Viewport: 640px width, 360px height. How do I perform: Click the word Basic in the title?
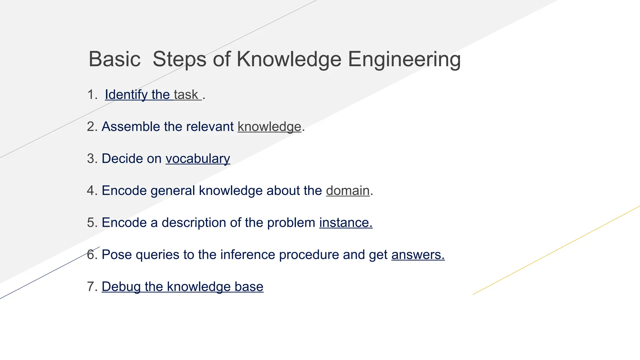click(x=114, y=59)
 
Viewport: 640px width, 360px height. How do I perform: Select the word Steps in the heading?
click(x=179, y=59)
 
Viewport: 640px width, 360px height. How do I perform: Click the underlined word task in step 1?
click(x=186, y=95)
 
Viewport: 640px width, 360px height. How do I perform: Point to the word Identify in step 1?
click(x=126, y=95)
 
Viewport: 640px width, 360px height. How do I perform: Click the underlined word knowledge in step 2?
click(x=269, y=127)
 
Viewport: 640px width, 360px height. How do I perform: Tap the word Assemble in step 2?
click(x=131, y=127)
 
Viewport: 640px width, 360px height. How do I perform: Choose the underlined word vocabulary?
click(x=198, y=159)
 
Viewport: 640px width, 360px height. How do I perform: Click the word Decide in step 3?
click(x=122, y=159)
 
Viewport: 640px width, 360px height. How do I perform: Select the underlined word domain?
click(x=348, y=191)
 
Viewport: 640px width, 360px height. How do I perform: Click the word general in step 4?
click(x=172, y=191)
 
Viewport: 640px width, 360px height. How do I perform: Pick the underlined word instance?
click(x=346, y=223)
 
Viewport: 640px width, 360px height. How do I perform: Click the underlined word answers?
click(x=418, y=255)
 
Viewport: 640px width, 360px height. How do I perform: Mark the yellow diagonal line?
click(x=556, y=250)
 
